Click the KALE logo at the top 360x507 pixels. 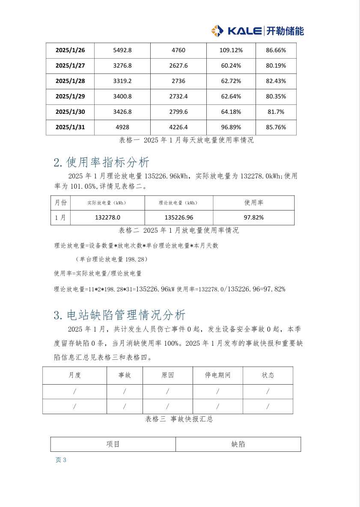pos(257,31)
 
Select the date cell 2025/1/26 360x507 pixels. pos(70,50)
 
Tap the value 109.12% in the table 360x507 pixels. pos(231,50)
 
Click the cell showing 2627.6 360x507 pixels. pos(179,66)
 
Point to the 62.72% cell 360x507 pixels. pos(231,81)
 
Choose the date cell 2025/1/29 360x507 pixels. pos(70,97)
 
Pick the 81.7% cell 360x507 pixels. pos(276,112)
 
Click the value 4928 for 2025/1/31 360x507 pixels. pos(122,127)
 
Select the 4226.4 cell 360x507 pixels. pos(179,127)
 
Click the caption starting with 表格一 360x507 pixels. pos(186,140)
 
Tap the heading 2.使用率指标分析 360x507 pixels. pos(102,163)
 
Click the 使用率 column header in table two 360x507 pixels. pos(253,203)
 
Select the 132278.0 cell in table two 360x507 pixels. pos(107,218)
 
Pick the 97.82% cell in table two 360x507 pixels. pos(253,218)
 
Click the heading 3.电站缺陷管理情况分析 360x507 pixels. pos(120,315)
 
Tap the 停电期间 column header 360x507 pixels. pos(218,376)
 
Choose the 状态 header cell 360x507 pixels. pos(268,376)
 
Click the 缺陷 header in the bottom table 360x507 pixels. pos(238,445)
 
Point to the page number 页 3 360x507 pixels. pos(61,460)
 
